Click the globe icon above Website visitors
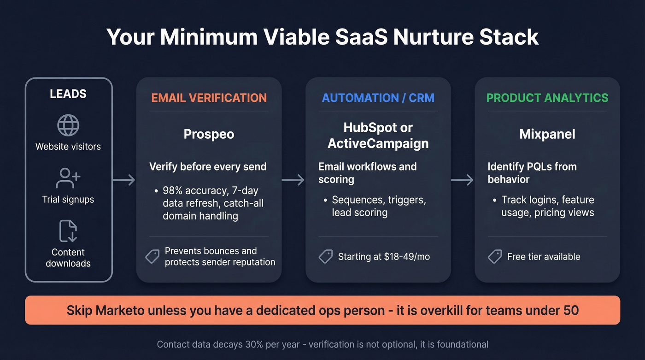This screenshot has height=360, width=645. click(68, 125)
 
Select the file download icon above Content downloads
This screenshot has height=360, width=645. click(68, 231)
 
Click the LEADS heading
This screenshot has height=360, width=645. click(68, 94)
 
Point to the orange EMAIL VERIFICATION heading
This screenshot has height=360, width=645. click(209, 98)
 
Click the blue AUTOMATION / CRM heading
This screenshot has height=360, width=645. click(378, 98)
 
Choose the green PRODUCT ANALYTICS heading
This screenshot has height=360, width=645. click(547, 98)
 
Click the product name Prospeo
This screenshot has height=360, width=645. click(209, 134)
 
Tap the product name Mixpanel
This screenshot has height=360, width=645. click(547, 134)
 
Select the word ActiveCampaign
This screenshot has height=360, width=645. click(378, 143)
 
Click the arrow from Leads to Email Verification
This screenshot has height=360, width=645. click(124, 180)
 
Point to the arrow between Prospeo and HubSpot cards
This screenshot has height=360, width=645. click(293, 180)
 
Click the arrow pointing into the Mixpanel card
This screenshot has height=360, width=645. click(462, 180)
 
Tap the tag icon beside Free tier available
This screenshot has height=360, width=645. click(495, 257)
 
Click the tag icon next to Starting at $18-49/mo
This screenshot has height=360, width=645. click(326, 257)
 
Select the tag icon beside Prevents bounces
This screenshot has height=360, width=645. click(152, 257)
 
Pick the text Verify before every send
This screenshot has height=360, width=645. click(208, 167)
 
